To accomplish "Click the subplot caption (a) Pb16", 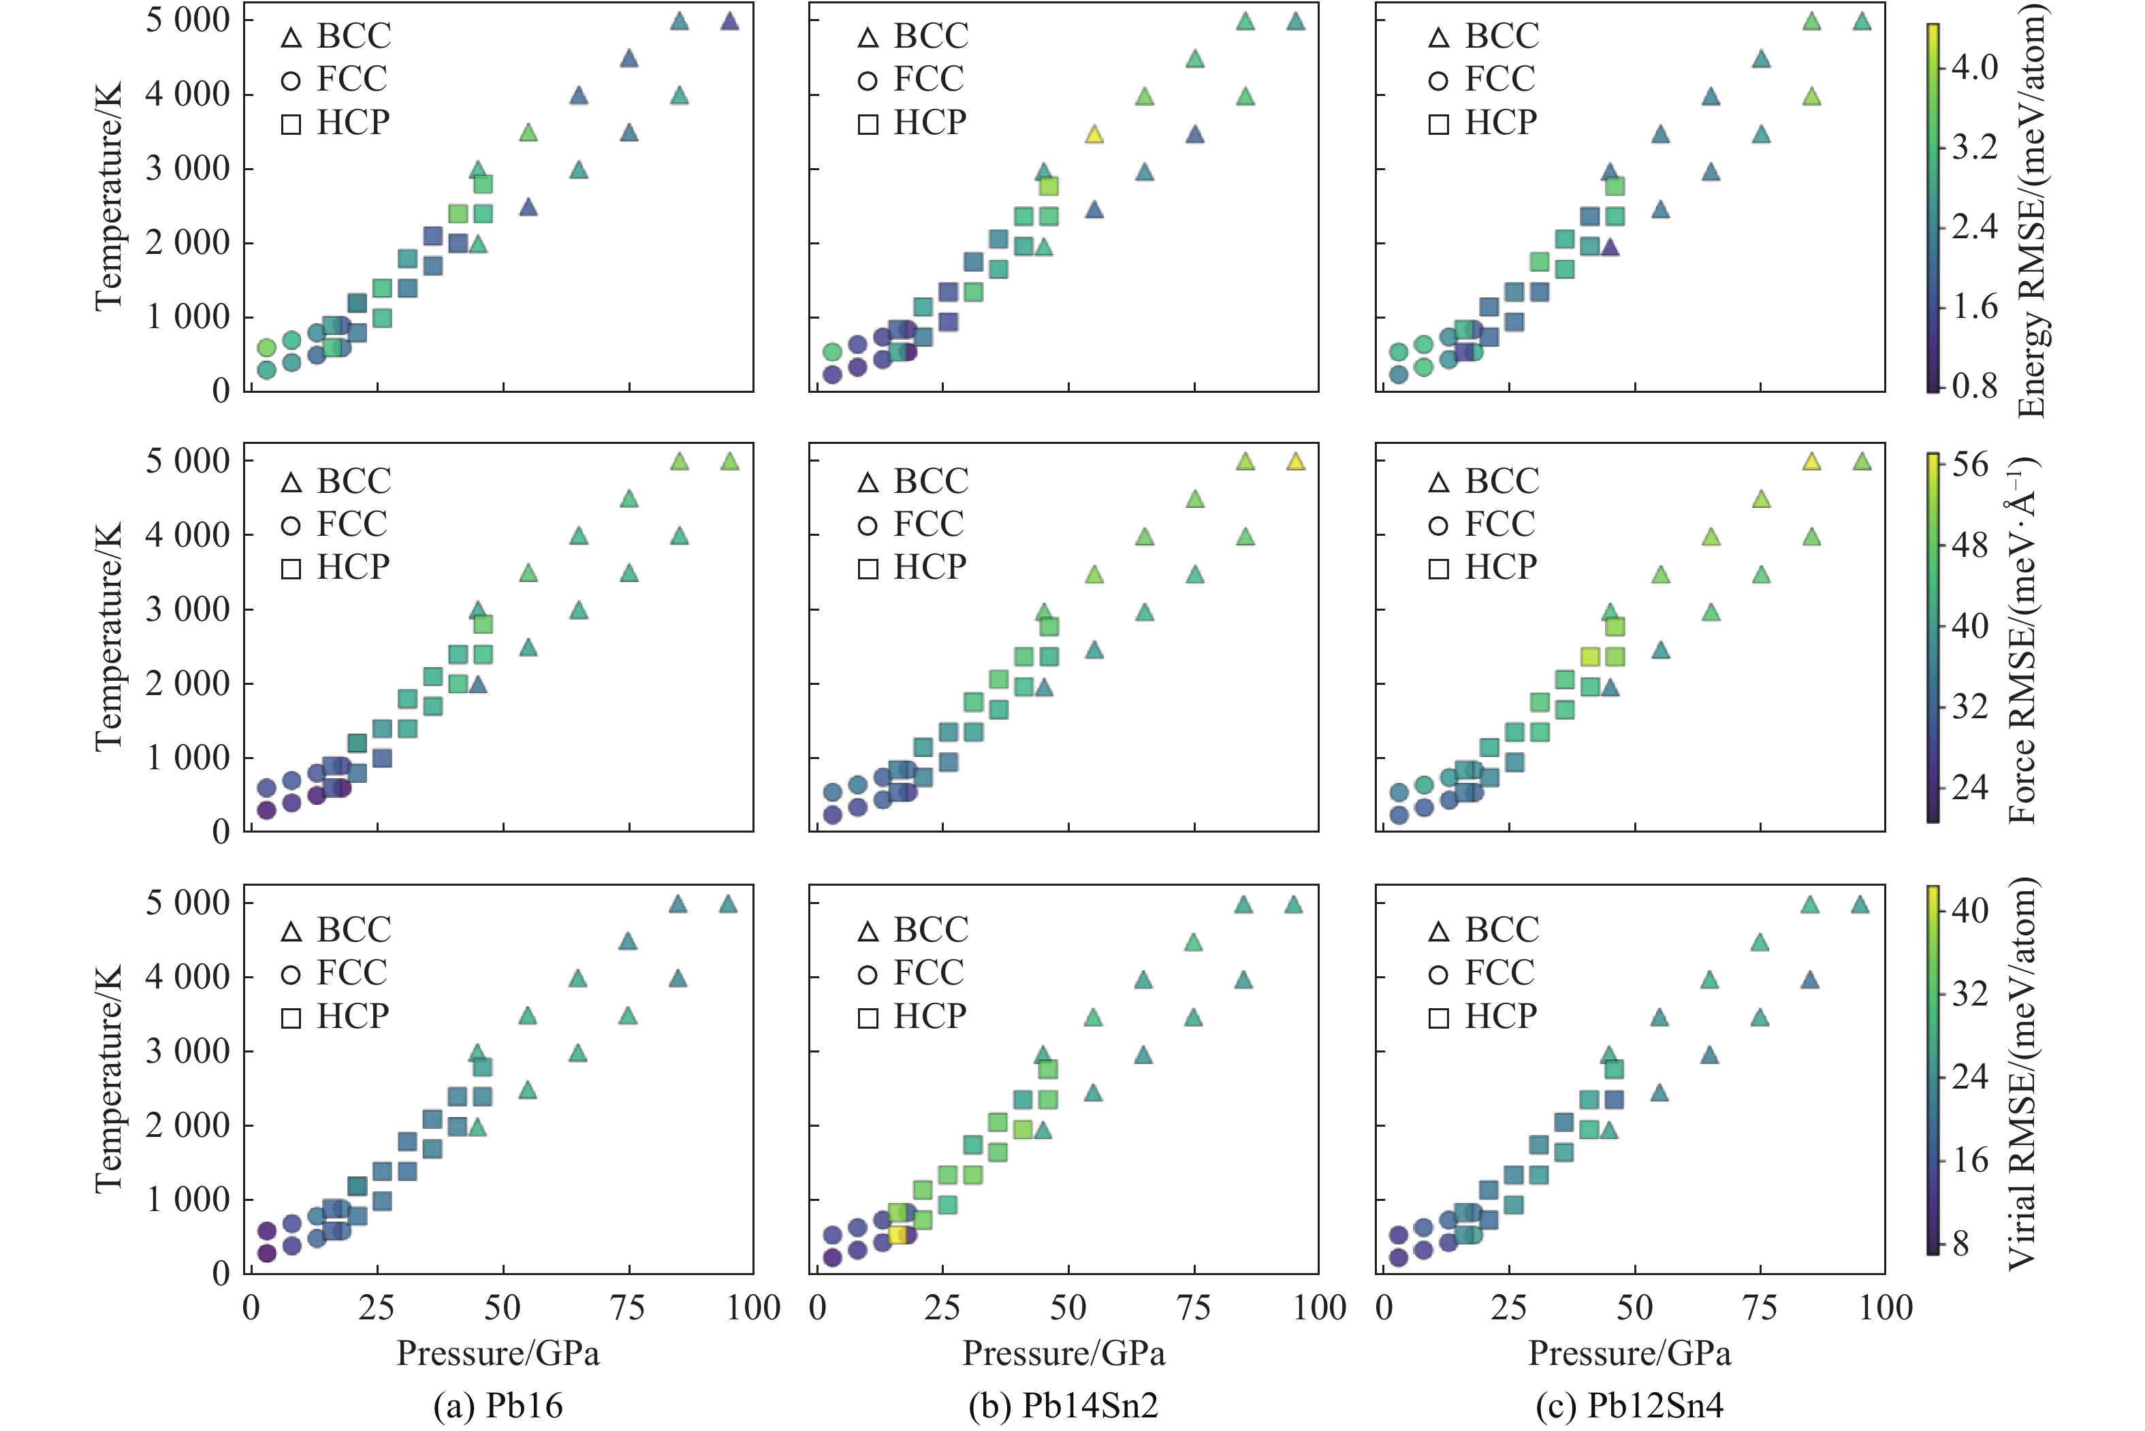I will (498, 1405).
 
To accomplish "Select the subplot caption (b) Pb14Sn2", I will (1064, 1405).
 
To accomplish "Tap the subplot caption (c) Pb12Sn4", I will (1630, 1405).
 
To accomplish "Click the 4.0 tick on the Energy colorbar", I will (1973, 67).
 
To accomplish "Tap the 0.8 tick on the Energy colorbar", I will (1973, 386).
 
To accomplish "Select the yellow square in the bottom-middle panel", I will (897, 1235).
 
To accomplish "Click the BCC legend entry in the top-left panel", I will (336, 37).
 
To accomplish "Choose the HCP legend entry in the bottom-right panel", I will (1482, 1016).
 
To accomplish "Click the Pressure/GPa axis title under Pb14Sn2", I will (1064, 1353).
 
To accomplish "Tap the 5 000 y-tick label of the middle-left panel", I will (187, 461).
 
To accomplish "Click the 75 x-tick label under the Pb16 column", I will (628, 1308).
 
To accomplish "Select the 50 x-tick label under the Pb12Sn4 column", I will (1634, 1308).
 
